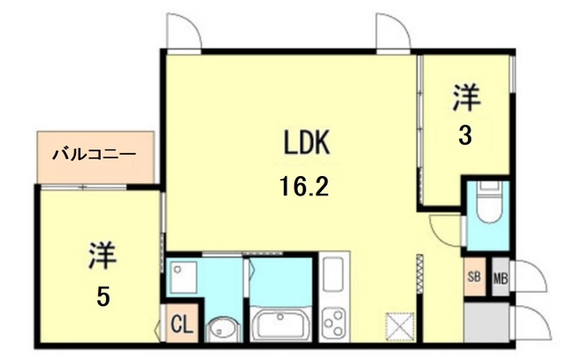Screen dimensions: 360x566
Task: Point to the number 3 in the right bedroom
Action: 463,136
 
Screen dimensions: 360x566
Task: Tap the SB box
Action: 474,275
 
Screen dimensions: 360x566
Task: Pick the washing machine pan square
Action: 185,278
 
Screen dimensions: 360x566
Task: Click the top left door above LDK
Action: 184,34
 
